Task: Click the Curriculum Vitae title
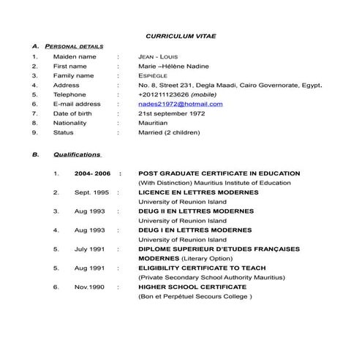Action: coord(181,35)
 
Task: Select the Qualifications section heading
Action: coord(77,155)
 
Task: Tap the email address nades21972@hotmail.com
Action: coord(181,104)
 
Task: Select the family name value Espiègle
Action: coord(153,75)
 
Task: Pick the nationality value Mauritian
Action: coord(153,123)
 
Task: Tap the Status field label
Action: coord(64,132)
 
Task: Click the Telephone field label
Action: coord(69,94)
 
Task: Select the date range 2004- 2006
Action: coord(92,173)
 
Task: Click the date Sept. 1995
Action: coord(91,192)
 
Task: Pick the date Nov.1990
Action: coord(90,287)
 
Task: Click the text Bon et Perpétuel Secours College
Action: coord(195,297)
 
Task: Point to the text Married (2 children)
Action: coord(168,132)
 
